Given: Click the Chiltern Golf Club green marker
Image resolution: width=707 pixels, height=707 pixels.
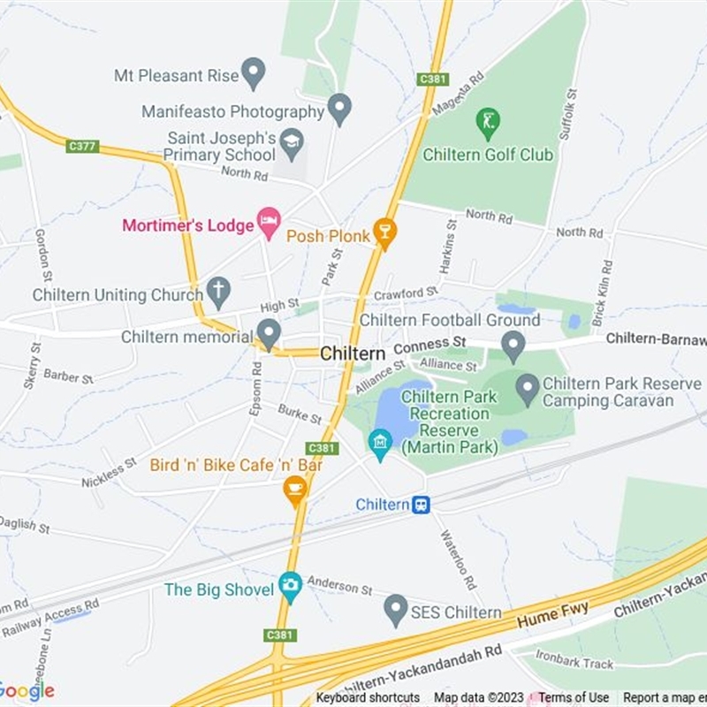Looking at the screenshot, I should [x=488, y=123].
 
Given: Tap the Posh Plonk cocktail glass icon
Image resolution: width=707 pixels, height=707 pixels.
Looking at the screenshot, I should [x=384, y=233].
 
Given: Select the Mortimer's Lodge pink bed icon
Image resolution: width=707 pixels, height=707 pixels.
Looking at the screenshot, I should [x=269, y=223].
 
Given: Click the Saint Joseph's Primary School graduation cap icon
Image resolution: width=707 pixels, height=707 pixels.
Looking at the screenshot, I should [x=292, y=141].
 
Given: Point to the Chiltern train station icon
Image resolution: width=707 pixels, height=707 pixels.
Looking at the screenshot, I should [x=422, y=505].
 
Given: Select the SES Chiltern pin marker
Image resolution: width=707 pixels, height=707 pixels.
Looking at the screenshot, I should [x=396, y=610].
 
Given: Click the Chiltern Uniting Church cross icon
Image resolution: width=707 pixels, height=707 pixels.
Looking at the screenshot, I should [x=218, y=291].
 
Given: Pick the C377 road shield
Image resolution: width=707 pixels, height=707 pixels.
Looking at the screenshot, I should [x=82, y=146].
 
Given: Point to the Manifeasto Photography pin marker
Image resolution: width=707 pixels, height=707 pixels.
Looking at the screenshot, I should [x=339, y=110].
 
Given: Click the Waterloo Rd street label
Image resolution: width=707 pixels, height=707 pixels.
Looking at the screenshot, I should [x=461, y=561].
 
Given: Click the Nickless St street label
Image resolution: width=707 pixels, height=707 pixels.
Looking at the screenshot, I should [x=109, y=473].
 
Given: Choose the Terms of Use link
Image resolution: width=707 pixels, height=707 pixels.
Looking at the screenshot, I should [x=574, y=698].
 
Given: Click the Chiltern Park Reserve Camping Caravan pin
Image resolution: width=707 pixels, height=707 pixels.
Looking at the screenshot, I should [x=528, y=387].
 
